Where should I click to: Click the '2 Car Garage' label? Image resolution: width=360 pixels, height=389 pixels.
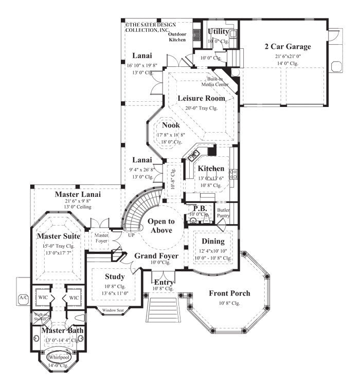287,46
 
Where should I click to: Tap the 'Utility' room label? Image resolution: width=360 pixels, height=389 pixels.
219,32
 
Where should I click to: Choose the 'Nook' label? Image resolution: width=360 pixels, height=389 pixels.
171,125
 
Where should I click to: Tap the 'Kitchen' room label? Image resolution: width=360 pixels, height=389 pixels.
211,169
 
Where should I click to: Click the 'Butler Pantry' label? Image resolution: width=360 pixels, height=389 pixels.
223,214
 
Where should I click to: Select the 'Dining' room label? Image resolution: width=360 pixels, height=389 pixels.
213,241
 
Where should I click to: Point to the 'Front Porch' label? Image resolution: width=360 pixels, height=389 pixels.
229,293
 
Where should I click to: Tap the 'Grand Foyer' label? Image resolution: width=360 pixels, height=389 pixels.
156,255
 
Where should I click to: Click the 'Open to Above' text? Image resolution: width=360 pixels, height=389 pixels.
161,226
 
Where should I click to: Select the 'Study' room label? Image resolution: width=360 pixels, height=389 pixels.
115,276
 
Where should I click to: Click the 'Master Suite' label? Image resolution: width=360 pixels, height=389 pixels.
58,236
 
